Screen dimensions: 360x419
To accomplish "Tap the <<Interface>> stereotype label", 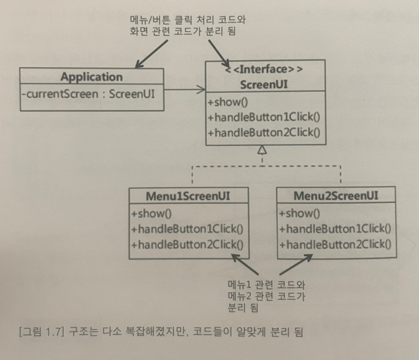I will pyautogui.click(x=265, y=69).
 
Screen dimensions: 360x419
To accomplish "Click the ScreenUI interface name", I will pyautogui.click(x=265, y=83).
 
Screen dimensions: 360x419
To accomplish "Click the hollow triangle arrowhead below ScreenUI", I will pyautogui.click(x=263, y=150).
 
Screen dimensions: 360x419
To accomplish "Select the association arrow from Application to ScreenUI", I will pyautogui.click(x=184, y=88).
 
